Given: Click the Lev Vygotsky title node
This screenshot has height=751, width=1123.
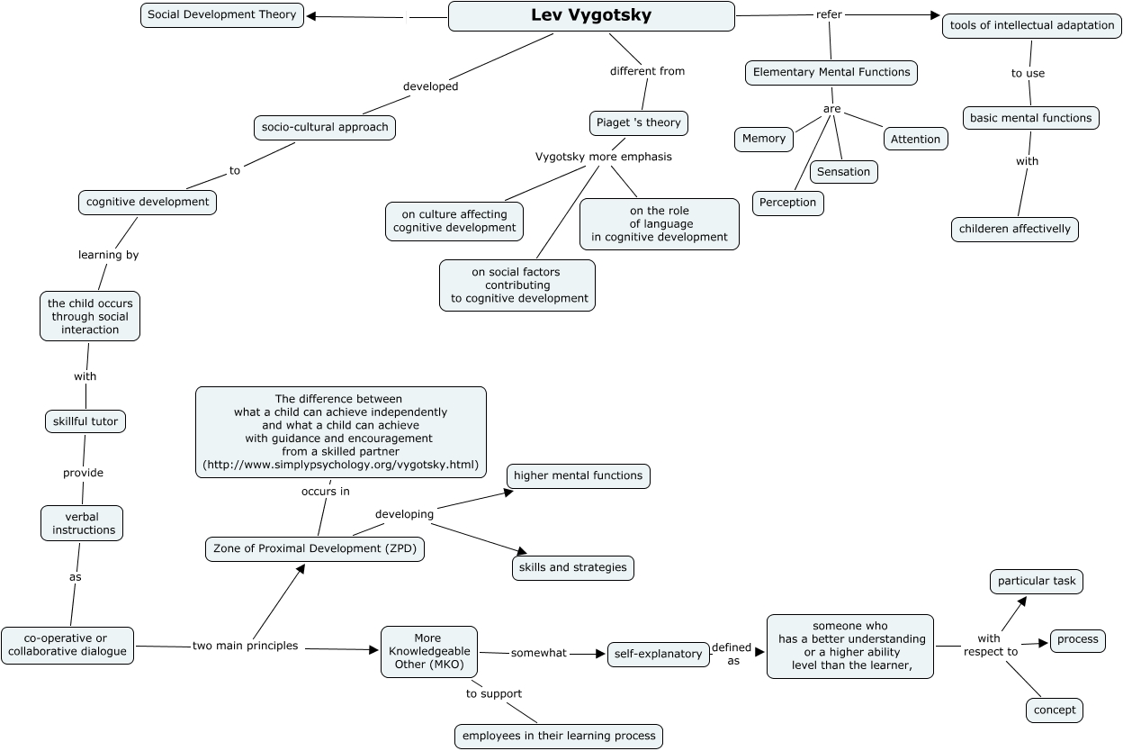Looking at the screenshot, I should point(591,16).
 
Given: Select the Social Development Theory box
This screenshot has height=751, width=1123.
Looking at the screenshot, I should point(221,15).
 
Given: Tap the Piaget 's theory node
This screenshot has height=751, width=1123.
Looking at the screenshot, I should point(638,123).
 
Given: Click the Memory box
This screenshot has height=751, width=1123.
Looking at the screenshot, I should point(764,139).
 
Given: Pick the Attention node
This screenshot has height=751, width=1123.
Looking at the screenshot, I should point(915,139).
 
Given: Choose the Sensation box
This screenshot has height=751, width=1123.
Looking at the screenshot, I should point(843,171).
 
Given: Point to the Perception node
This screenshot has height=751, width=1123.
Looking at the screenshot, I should point(787,203).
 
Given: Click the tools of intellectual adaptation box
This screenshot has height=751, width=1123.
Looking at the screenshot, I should point(1031,25).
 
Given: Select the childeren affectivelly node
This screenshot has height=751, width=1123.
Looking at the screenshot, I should point(1014,229).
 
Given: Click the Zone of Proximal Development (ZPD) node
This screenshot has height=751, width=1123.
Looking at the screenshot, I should point(314,548).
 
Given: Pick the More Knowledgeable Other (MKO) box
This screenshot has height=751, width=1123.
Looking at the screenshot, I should point(428,651).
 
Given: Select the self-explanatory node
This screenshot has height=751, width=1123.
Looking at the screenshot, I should point(658,654).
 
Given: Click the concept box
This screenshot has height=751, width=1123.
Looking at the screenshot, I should point(1054,710).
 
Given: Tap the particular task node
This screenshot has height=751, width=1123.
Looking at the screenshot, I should point(1036,581).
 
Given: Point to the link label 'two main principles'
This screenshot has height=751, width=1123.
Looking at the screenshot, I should point(245,646).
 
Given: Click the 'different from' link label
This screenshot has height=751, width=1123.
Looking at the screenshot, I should point(647,71).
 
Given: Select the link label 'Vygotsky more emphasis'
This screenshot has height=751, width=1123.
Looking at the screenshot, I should point(603,157).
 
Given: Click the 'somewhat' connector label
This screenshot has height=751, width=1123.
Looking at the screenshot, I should point(538,653).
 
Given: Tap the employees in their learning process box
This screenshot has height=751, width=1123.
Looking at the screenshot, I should point(558,736).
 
